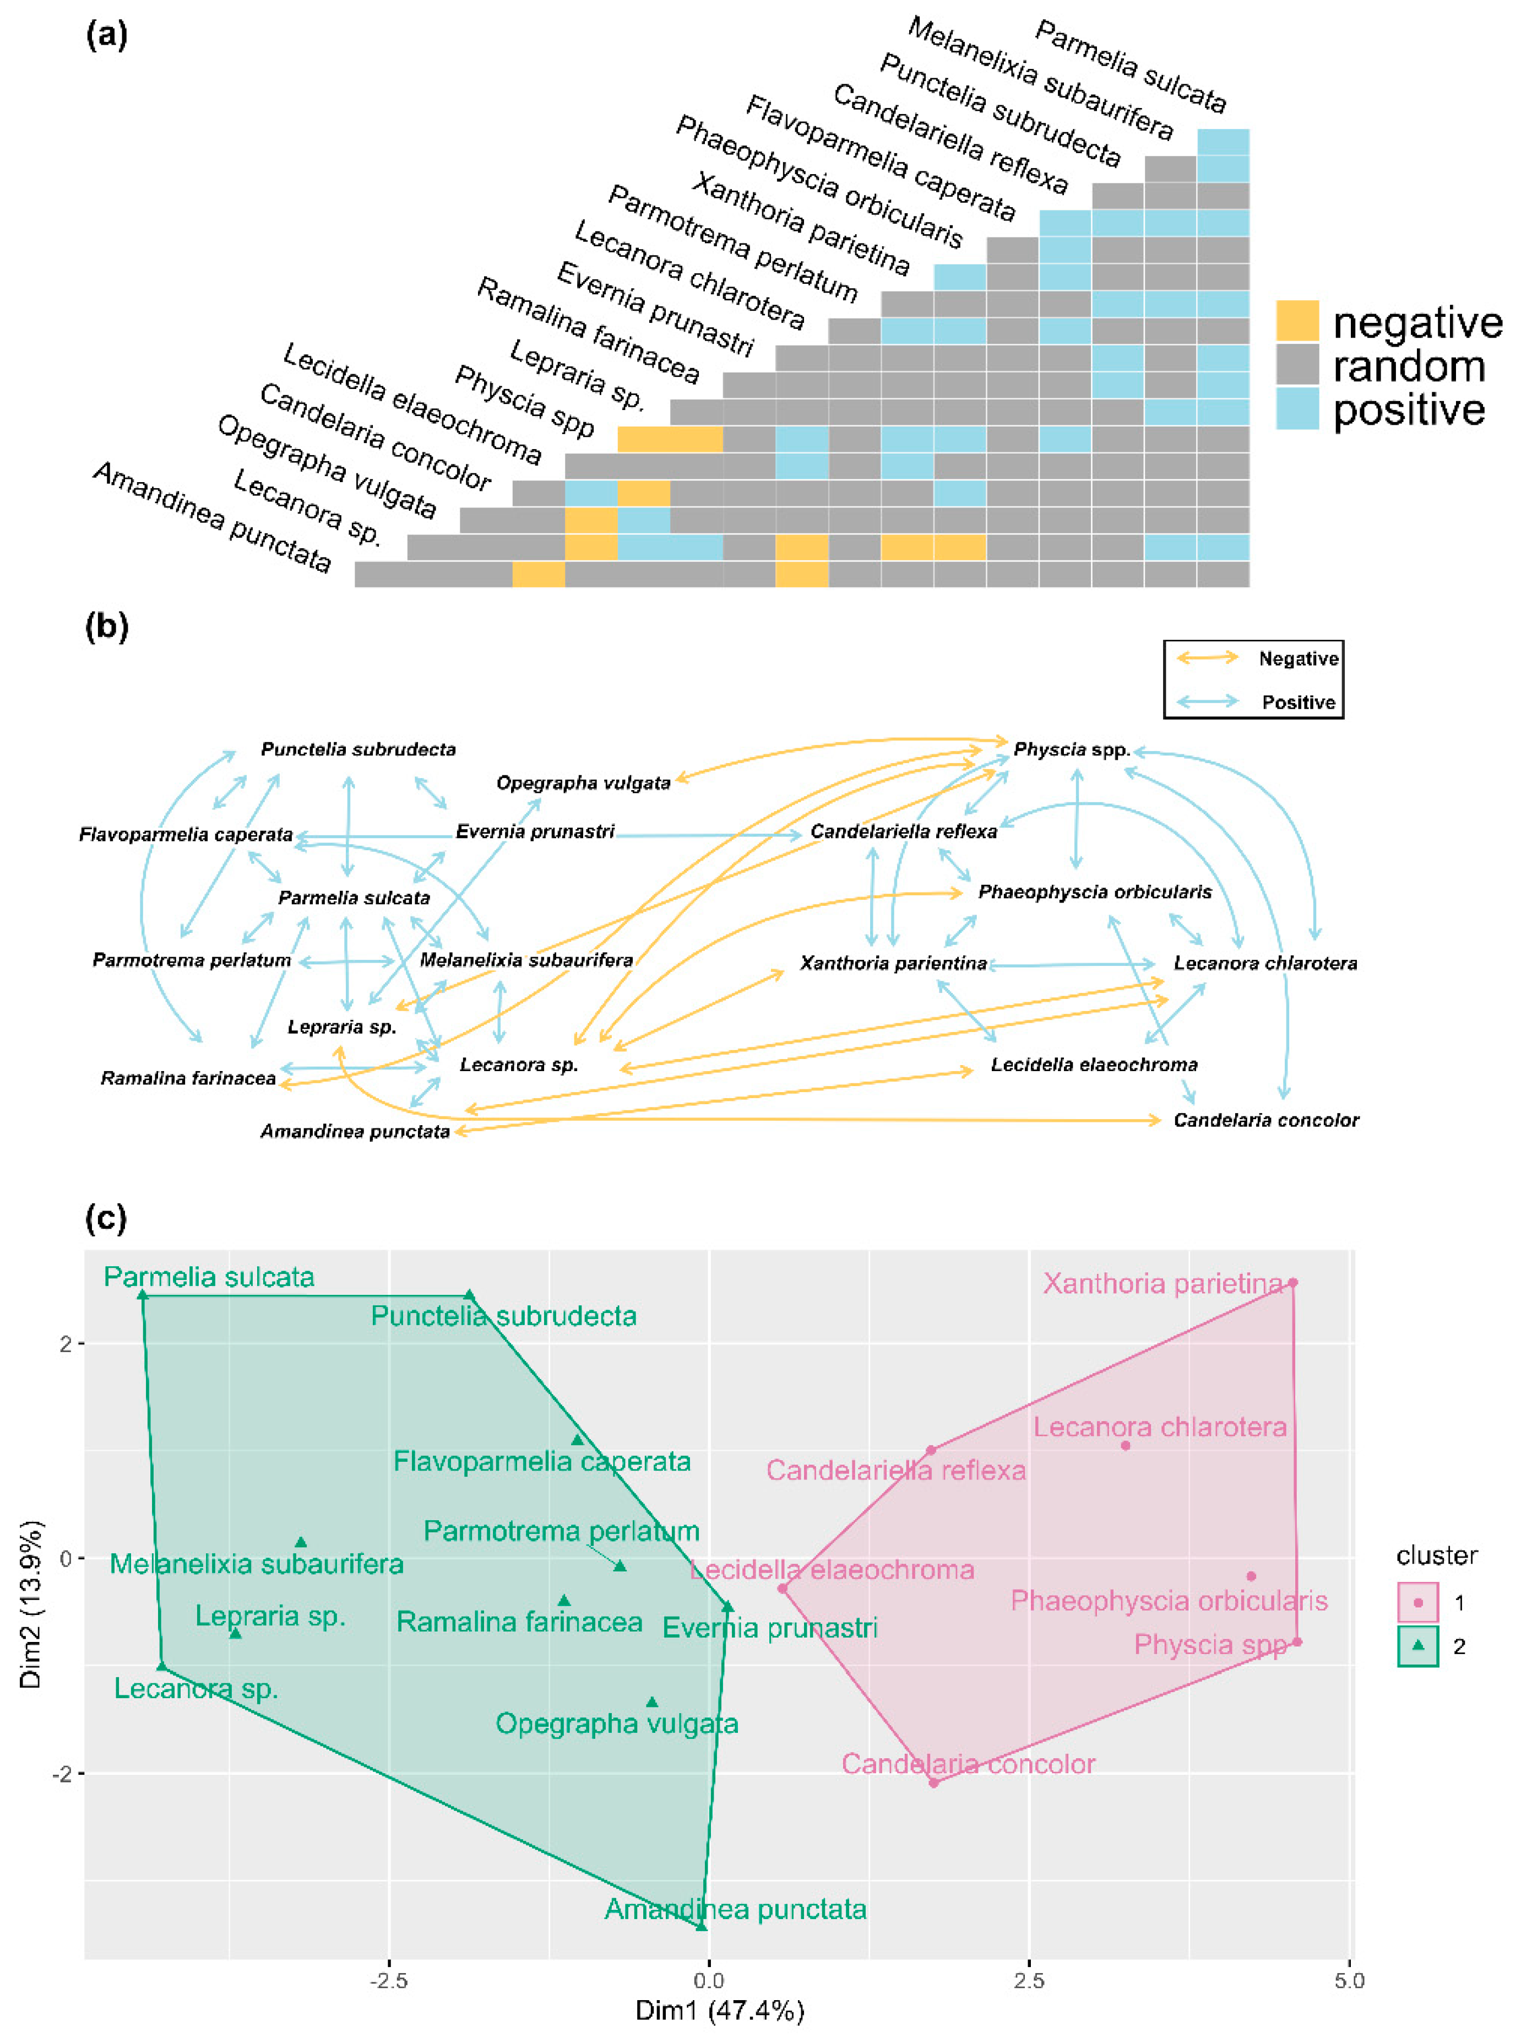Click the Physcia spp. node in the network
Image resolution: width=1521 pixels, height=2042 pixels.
point(1071,750)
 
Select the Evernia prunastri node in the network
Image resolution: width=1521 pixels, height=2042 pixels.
point(535,831)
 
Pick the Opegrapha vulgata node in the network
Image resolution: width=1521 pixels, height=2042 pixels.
point(583,783)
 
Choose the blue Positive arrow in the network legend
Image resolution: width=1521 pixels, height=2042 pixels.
point(1208,701)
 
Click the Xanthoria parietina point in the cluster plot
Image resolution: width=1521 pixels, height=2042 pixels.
point(1292,1282)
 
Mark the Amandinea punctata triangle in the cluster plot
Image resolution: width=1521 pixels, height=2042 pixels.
point(702,1925)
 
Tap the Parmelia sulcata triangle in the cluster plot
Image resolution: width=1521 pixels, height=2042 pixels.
point(143,1295)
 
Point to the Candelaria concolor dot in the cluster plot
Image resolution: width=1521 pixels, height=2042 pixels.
point(933,1782)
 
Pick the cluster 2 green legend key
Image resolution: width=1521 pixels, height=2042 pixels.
point(1418,1646)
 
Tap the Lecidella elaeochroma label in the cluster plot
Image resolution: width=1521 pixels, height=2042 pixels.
point(832,1569)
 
